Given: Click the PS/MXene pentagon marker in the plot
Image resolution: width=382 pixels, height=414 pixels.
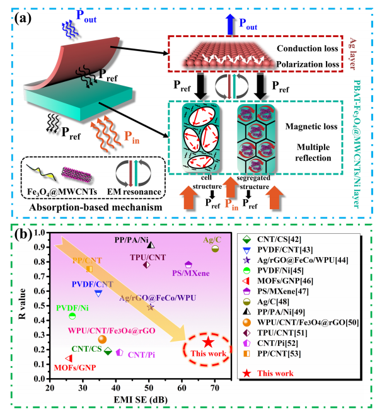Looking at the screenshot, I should [x=188, y=265].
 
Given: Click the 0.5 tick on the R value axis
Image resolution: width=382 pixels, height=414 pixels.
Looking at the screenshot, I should [x=42, y=302].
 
